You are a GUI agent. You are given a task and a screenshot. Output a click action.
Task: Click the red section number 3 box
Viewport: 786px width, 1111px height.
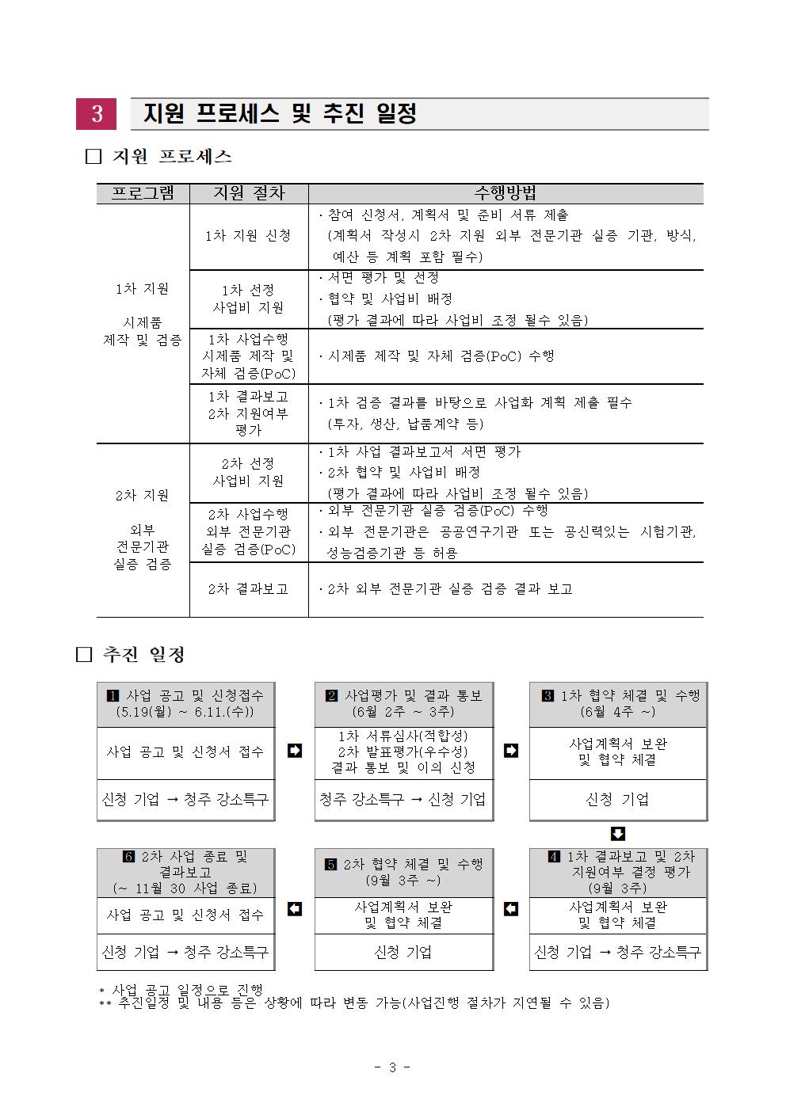(x=96, y=114)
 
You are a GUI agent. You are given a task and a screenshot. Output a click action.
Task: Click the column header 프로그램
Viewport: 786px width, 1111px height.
(x=143, y=193)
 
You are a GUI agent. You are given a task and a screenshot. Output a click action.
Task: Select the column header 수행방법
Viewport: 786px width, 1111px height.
(x=505, y=193)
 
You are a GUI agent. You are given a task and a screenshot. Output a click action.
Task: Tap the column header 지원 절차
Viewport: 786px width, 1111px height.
(x=248, y=193)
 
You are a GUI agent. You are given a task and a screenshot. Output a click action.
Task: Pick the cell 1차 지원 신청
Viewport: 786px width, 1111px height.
(x=248, y=236)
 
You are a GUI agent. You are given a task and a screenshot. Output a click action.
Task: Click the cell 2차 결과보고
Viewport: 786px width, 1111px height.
(x=248, y=589)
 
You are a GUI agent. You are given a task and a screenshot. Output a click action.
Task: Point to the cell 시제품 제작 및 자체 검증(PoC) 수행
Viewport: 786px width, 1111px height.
(x=441, y=356)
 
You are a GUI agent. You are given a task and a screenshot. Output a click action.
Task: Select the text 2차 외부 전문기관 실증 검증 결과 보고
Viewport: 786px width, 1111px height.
(x=449, y=589)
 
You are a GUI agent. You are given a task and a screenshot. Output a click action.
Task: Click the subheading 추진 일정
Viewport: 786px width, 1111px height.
(x=143, y=655)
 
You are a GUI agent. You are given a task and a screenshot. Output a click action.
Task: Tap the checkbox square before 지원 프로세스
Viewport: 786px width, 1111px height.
(x=93, y=157)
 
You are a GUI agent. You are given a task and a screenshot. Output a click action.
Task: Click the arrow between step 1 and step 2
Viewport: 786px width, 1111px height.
(x=294, y=750)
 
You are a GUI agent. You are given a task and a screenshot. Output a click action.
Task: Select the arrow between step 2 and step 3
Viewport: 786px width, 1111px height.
(x=511, y=750)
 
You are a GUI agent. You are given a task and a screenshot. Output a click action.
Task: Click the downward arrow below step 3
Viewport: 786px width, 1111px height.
(x=619, y=834)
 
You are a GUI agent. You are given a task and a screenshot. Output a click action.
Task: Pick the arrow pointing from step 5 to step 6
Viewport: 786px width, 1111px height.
(x=294, y=908)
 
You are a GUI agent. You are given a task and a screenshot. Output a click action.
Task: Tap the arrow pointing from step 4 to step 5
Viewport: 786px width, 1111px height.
(x=511, y=908)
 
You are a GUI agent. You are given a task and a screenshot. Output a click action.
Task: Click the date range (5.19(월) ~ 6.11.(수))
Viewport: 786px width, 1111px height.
(x=185, y=712)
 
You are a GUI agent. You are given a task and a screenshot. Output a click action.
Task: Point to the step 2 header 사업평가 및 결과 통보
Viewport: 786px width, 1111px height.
(x=412, y=695)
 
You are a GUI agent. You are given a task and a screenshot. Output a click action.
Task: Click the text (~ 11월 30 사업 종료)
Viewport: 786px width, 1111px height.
(x=185, y=888)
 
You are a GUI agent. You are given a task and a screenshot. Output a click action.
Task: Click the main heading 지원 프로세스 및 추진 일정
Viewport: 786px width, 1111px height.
(x=280, y=114)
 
